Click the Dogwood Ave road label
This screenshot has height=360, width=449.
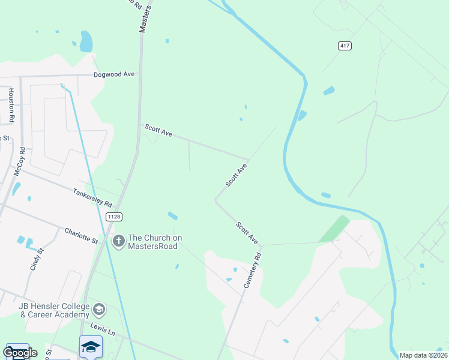(113, 75)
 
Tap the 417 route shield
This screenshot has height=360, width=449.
(344, 46)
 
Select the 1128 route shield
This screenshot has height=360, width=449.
(113, 216)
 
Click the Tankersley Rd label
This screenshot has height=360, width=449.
(92, 196)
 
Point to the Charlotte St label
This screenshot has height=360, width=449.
(81, 235)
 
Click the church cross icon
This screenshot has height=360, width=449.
(118, 241)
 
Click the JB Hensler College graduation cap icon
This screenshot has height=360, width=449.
(99, 310)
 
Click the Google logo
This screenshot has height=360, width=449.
(20, 352)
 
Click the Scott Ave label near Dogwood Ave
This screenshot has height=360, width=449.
(158, 130)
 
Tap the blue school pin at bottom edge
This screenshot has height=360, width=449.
(91, 347)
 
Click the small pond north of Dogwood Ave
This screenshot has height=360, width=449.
(86, 42)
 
